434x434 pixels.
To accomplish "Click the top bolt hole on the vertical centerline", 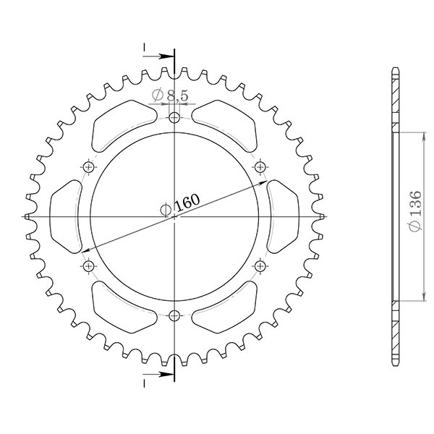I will (174, 119).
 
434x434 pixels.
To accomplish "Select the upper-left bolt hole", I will (89, 167).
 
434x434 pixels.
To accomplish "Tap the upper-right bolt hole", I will (260, 167).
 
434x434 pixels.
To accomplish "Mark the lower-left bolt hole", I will (89, 266).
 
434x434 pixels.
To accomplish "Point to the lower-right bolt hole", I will (260, 266).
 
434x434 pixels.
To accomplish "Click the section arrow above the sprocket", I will (161, 54).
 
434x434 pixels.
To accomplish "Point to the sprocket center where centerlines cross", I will (174, 217).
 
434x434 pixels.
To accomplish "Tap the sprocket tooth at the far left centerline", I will (27, 217).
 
